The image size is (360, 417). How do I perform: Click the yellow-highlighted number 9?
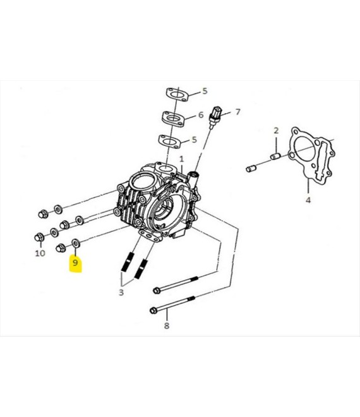click(x=75, y=263)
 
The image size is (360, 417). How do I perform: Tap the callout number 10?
click(x=40, y=253)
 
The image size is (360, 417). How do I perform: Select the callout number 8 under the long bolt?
click(x=167, y=325)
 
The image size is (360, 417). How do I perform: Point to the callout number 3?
click(x=121, y=293)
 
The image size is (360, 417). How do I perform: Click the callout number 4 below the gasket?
click(x=308, y=200)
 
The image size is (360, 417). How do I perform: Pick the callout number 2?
click(x=276, y=131)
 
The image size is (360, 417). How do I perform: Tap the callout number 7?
click(x=237, y=112)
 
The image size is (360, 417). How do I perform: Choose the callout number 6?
click(x=201, y=115)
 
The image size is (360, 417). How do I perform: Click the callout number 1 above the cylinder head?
click(x=182, y=159)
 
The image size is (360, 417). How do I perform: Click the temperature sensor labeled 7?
click(x=215, y=116)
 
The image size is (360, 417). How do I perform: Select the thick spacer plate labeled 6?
click(x=174, y=119)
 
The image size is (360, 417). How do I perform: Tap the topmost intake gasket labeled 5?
click(x=177, y=95)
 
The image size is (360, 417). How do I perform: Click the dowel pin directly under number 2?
click(x=275, y=156)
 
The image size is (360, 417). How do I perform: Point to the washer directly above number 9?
click(x=76, y=243)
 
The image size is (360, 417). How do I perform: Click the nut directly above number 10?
click(x=39, y=237)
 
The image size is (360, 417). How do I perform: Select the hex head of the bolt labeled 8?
click(x=153, y=310)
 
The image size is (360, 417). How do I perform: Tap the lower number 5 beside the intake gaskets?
click(x=194, y=140)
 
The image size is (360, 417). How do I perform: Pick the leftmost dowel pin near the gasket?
click(x=251, y=168)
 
